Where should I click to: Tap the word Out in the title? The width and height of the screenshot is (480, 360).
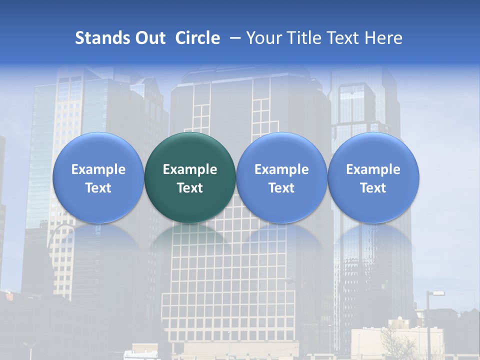click(149, 38)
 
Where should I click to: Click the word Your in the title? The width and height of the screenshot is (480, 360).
click(261, 38)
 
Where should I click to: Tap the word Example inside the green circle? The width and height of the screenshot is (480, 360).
click(190, 169)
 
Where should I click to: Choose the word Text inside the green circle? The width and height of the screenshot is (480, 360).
click(190, 188)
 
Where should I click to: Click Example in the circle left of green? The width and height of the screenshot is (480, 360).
click(98, 169)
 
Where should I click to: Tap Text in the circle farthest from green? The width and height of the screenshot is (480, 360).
click(373, 188)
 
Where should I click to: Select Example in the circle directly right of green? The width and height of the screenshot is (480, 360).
click(281, 169)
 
